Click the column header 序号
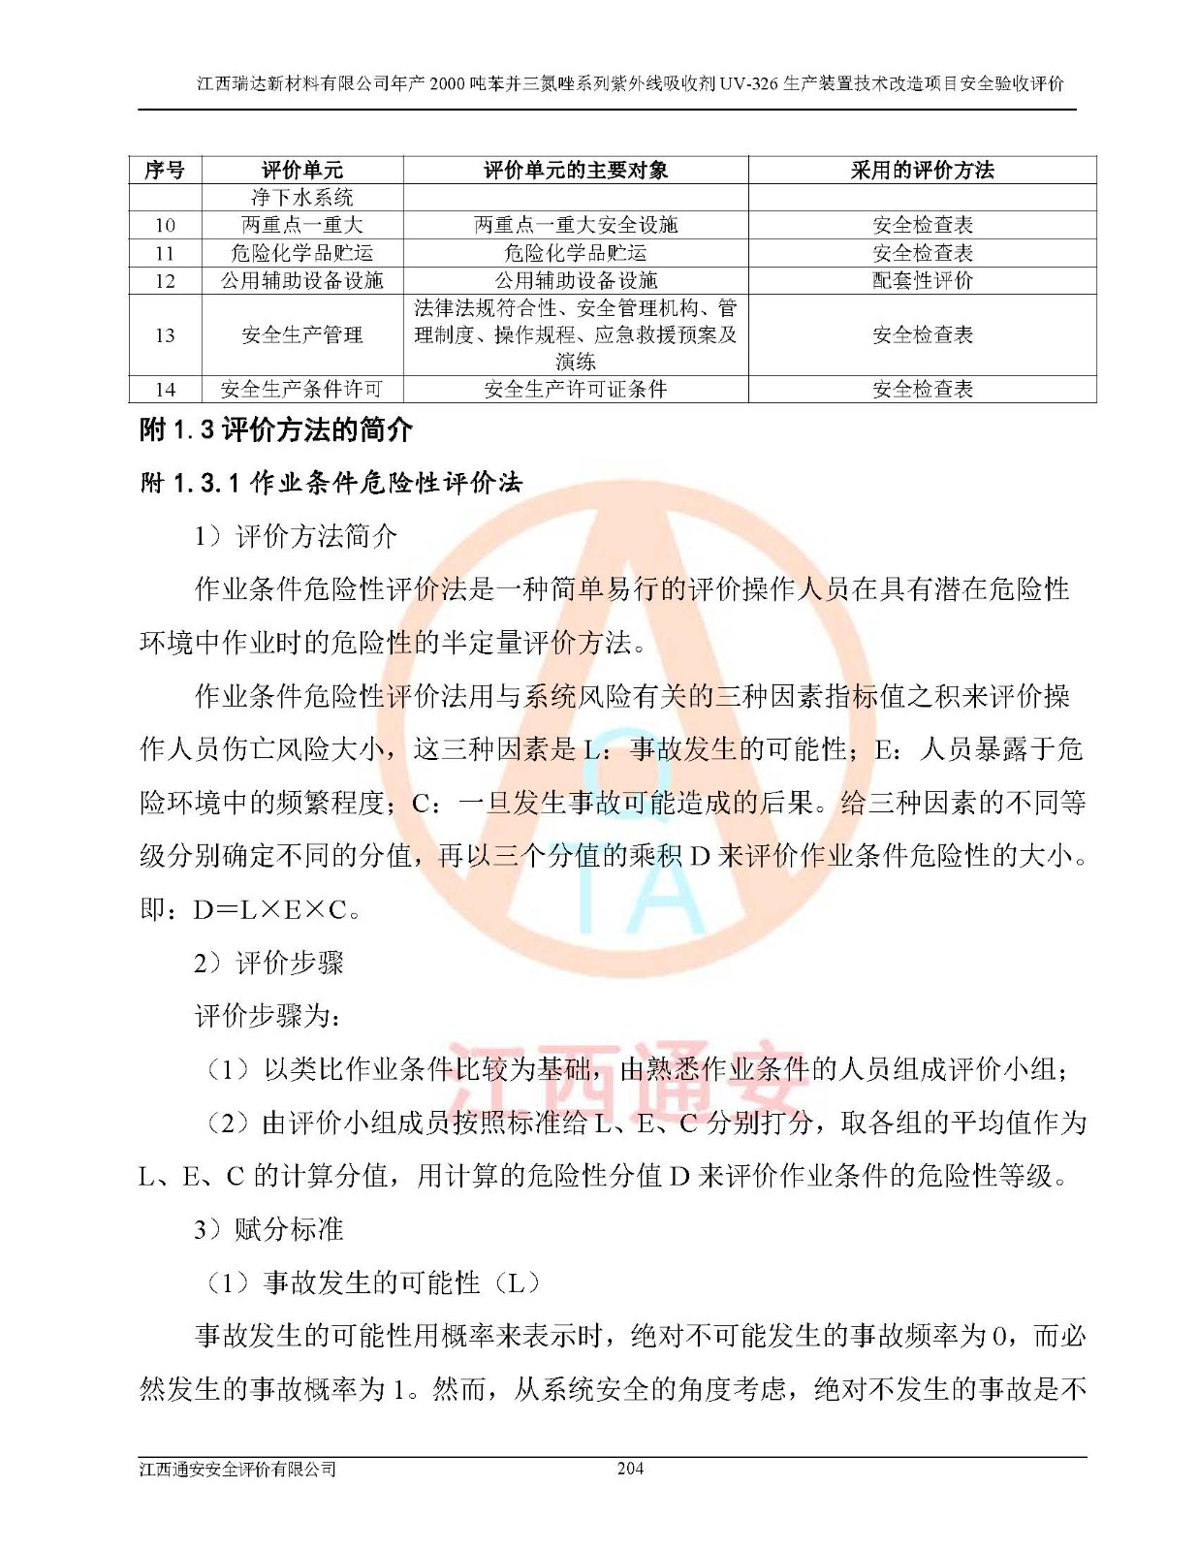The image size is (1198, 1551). pyautogui.click(x=165, y=171)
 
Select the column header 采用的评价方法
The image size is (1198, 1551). pyautogui.click(x=922, y=171)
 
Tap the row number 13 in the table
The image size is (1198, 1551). pyautogui.click(x=165, y=335)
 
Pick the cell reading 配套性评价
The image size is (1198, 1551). pyautogui.click(x=922, y=281)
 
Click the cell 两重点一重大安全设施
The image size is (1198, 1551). pyautogui.click(x=576, y=226)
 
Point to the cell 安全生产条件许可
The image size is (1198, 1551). pyautogui.click(x=301, y=390)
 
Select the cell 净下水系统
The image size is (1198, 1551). pyautogui.click(x=301, y=198)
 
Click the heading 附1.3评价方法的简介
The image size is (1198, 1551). pyautogui.click(x=277, y=429)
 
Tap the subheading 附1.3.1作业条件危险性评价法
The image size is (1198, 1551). pyautogui.click(x=331, y=483)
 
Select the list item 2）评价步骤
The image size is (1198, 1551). pyautogui.click(x=268, y=964)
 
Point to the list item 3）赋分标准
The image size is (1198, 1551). pyautogui.click(x=268, y=1230)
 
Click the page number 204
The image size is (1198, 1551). pyautogui.click(x=630, y=1469)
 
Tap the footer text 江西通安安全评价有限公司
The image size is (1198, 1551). pyautogui.click(x=237, y=1470)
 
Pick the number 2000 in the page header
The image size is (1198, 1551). pyautogui.click(x=447, y=83)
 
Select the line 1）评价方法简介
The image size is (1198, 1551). pyautogui.click(x=296, y=536)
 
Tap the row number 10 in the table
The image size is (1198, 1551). pyautogui.click(x=165, y=226)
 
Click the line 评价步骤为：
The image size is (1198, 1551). pyautogui.click(x=268, y=1017)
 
